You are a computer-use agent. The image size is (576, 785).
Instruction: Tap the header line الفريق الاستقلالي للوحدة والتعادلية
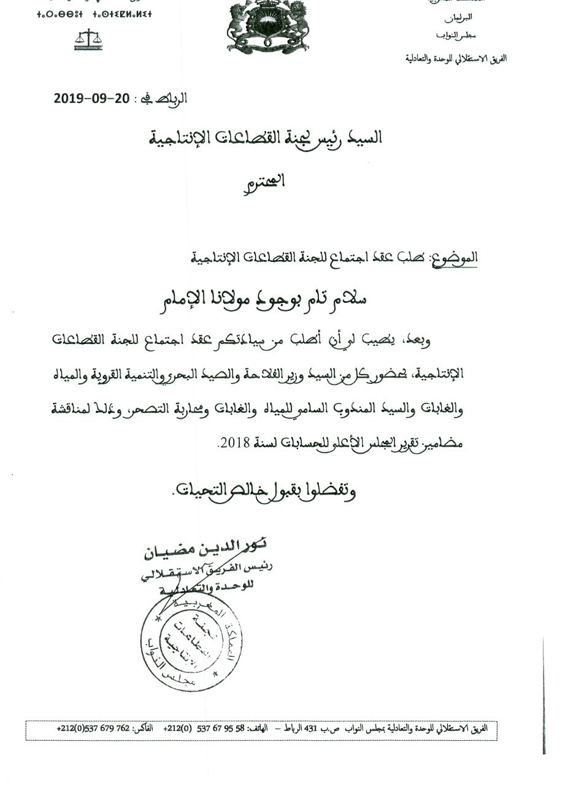[x=457, y=59]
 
